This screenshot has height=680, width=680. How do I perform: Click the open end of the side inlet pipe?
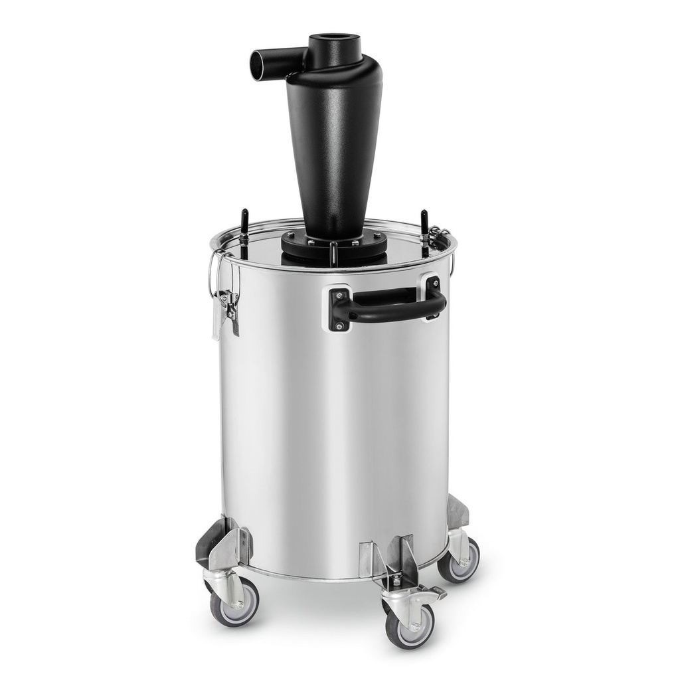click(x=256, y=64)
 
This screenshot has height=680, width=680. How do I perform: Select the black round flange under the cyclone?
click(x=334, y=245)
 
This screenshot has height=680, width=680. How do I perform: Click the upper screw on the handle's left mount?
click(x=339, y=296)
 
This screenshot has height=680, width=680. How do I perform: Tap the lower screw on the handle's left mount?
click(x=339, y=325)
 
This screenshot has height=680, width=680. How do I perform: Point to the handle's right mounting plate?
click(x=434, y=296)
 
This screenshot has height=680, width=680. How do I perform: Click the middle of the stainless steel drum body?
click(x=335, y=425)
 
